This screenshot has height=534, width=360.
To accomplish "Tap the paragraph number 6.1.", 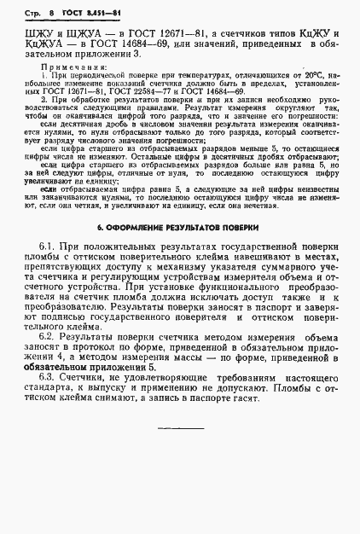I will coord(49,247).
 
